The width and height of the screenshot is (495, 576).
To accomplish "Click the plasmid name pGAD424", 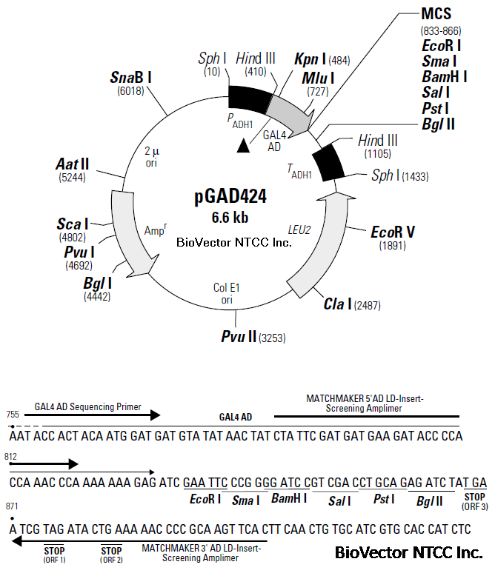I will point(230,198).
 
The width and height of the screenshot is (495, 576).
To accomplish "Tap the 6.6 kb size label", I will point(230,217).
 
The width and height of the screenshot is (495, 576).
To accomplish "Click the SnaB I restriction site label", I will point(131,76).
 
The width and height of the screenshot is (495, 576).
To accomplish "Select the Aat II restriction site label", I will point(73,164).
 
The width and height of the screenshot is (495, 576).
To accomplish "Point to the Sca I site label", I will point(73,224).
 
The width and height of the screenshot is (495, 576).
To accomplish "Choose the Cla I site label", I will point(337,304).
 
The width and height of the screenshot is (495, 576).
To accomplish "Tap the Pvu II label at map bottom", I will point(239,337).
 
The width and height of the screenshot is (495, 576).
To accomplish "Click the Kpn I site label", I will point(310,59).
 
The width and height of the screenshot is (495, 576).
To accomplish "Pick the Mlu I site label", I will point(318,77).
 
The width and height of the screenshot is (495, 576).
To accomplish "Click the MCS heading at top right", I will point(436,14).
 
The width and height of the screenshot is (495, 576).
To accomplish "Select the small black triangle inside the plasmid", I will point(243,147).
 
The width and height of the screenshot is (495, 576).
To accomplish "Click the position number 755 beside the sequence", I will point(12,415).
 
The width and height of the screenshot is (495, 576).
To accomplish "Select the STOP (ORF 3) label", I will point(474,501).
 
